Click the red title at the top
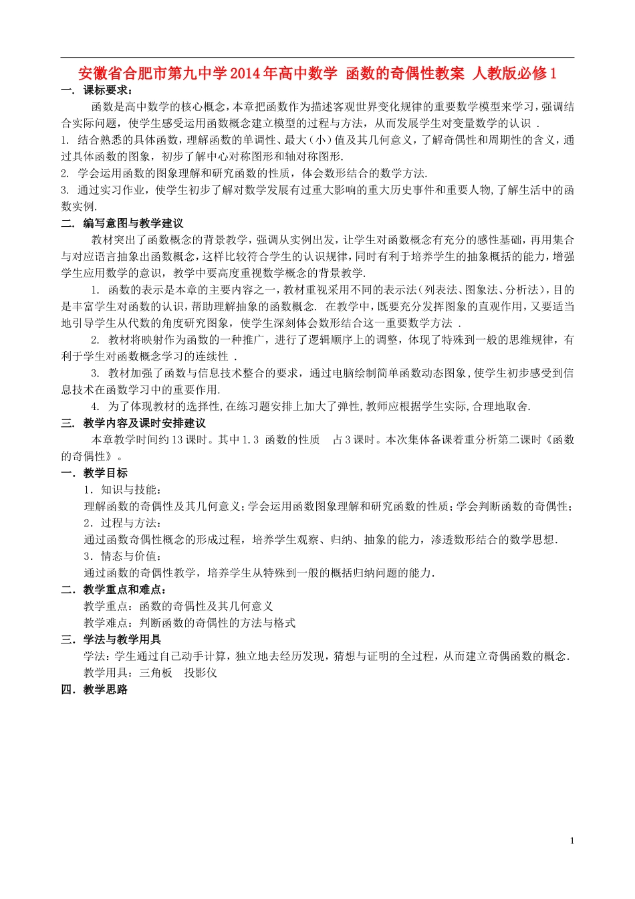point(317,74)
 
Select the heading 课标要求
point(107,90)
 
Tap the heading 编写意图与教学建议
point(133,223)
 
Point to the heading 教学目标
point(106,473)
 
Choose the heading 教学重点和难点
point(125,589)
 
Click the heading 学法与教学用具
point(122,639)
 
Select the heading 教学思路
point(106,690)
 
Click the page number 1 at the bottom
point(572,841)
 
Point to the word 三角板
point(156,673)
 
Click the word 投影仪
point(201,673)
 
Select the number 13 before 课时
point(178,439)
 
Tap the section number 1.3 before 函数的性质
point(250,439)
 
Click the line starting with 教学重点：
point(178,606)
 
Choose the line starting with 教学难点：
point(189,623)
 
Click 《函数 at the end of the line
point(559,439)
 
